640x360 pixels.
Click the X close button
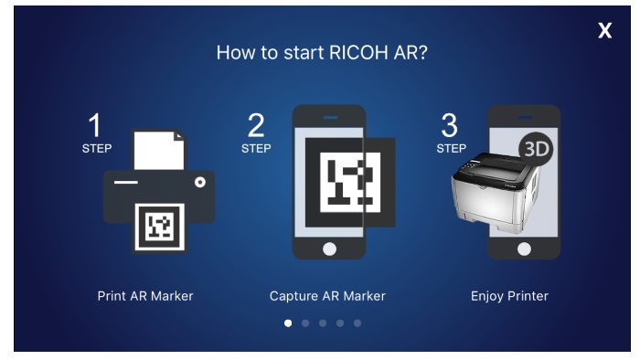(605, 30)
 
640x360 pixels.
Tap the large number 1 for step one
(94, 125)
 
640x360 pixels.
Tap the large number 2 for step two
(256, 125)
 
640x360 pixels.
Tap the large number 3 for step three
(450, 125)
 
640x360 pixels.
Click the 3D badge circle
(536, 149)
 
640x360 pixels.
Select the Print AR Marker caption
(145, 296)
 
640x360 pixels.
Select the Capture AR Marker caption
(327, 296)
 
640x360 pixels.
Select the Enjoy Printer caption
(509, 296)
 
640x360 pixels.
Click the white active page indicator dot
(288, 323)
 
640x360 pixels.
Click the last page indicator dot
(357, 323)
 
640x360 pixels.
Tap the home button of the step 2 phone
(329, 249)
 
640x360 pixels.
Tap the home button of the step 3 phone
(524, 249)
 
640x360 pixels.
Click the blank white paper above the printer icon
(159, 150)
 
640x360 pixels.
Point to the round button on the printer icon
(200, 182)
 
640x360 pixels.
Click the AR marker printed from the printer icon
(160, 227)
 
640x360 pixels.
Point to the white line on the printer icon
(126, 182)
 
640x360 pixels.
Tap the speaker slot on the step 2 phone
(330, 118)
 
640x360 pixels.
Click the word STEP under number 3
(451, 148)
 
